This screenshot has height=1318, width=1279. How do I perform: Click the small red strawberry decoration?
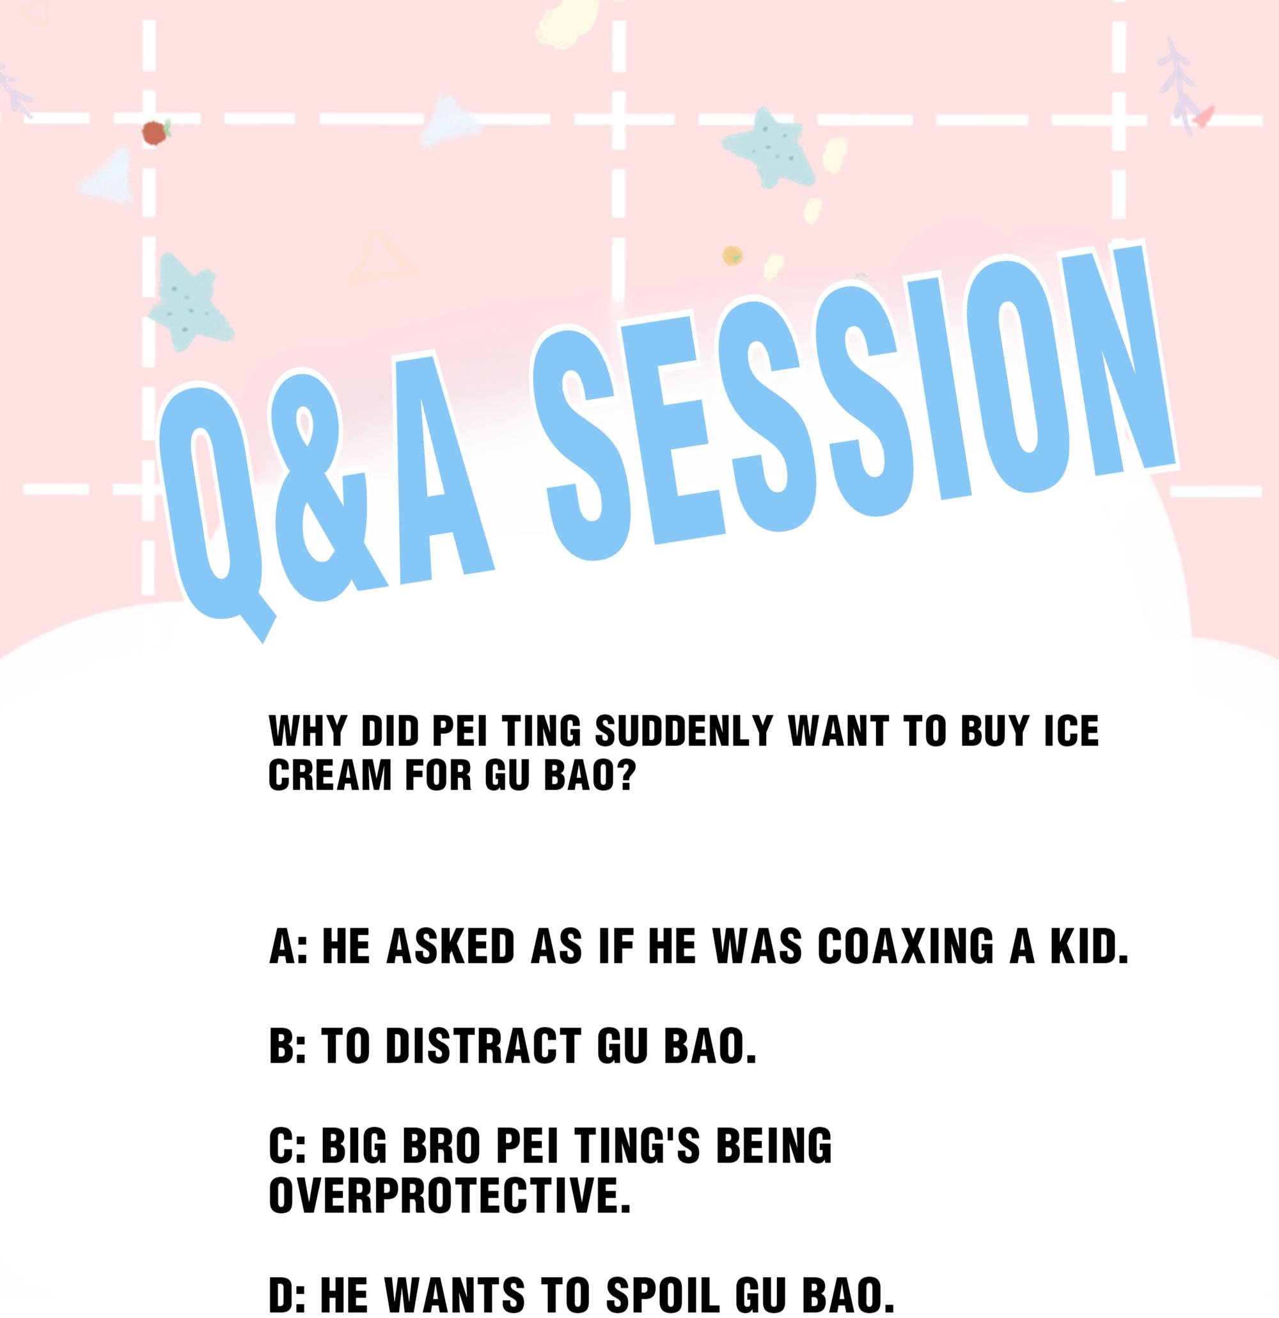(x=155, y=132)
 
